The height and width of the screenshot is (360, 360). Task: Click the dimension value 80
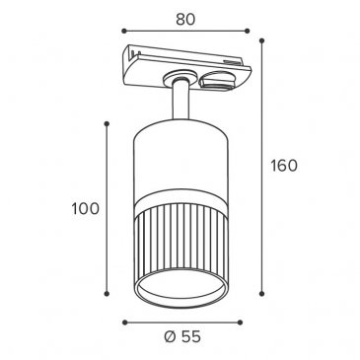pyautogui.click(x=185, y=20)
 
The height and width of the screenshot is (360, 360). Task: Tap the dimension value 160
pyautogui.click(x=284, y=166)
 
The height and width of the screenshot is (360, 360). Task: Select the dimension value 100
pyautogui.click(x=86, y=209)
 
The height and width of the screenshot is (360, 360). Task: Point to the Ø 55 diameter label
pyautogui.click(x=182, y=336)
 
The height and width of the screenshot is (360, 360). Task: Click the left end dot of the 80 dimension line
pyautogui.click(x=124, y=31)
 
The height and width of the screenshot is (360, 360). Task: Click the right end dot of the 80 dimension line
pyautogui.click(x=248, y=31)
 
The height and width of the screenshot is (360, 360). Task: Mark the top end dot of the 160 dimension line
pyautogui.click(x=262, y=40)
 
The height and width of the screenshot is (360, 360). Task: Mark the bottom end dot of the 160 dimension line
pyautogui.click(x=262, y=294)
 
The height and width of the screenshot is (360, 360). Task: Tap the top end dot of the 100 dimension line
pyautogui.click(x=107, y=123)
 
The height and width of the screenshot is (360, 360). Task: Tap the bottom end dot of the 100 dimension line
pyautogui.click(x=107, y=294)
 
